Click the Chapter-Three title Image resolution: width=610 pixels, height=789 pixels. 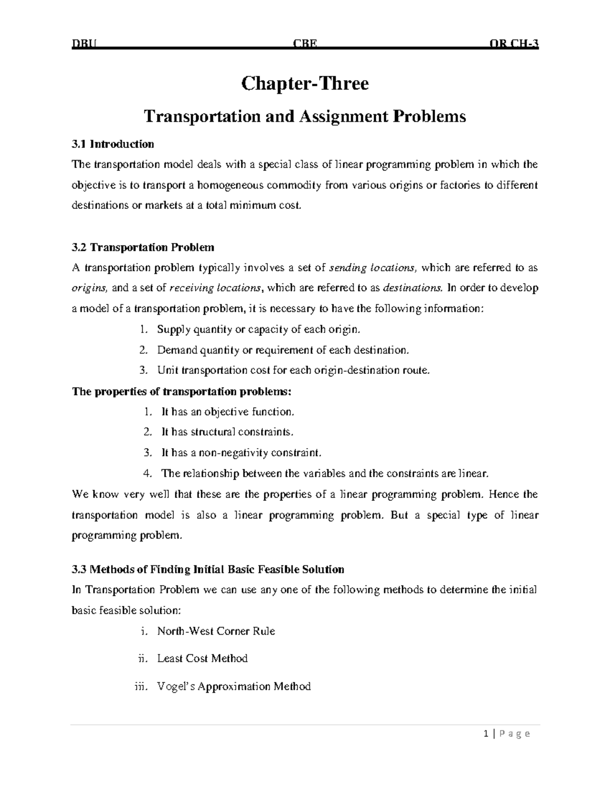click(x=304, y=83)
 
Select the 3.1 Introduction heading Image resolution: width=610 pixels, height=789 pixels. click(x=113, y=144)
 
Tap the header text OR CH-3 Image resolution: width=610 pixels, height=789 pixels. click(x=513, y=44)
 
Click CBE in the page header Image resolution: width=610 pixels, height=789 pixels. click(x=305, y=44)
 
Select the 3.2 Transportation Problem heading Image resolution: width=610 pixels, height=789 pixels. click(x=143, y=247)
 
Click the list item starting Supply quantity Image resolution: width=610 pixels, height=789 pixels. click(x=258, y=329)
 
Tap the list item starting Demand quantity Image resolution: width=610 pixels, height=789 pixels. click(x=283, y=350)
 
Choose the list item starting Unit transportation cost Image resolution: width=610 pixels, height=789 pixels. click(x=293, y=370)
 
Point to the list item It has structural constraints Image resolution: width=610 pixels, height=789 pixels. click(x=227, y=432)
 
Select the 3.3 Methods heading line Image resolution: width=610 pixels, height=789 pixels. click(x=208, y=570)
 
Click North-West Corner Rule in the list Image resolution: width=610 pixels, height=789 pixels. click(x=216, y=632)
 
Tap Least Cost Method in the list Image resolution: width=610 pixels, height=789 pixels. click(x=202, y=659)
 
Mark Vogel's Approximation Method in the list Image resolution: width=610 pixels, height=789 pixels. click(x=234, y=687)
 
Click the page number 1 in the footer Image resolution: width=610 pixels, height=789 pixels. click(x=486, y=734)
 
